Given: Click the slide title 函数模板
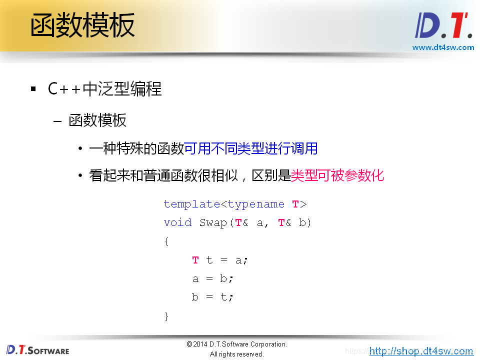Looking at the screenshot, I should tap(82, 26).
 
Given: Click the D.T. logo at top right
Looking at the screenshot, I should tap(443, 25).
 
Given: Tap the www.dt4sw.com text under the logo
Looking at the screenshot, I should tap(443, 47).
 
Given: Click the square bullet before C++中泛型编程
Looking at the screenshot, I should tap(33, 89).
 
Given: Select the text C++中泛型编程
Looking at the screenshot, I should tap(104, 89).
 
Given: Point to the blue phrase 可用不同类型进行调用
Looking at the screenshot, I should tap(251, 148).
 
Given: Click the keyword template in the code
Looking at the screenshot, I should tap(192, 204).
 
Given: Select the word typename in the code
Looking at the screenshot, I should tap(256, 204).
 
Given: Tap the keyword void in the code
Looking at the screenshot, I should tap(177, 222).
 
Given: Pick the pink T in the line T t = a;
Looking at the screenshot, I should tap(195, 260).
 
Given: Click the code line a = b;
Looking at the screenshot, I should tap(212, 278).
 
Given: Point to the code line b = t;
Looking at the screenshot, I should tap(212, 297).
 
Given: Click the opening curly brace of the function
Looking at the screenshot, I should tap(167, 241).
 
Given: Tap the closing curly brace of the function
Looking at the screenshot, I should tap(167, 316).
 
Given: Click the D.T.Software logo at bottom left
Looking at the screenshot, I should tap(37, 349).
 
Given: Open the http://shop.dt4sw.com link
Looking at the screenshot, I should tap(421, 351).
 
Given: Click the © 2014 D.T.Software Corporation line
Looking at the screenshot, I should tap(236, 344).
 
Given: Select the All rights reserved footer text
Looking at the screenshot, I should tap(236, 354).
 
